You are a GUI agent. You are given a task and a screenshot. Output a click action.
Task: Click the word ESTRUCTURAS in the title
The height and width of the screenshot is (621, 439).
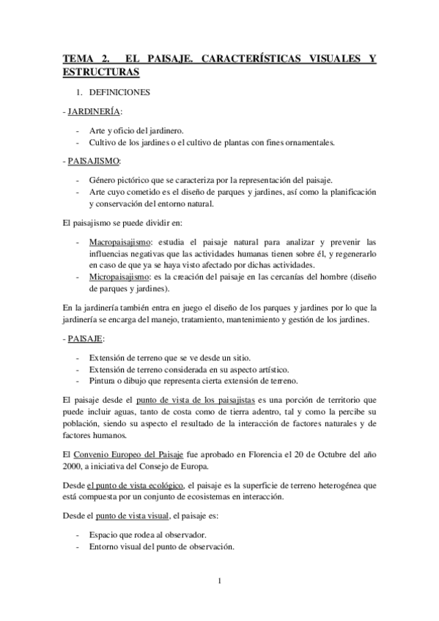[x=101, y=73]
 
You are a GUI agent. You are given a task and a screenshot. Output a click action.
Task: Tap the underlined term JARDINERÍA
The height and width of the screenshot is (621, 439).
[x=95, y=111]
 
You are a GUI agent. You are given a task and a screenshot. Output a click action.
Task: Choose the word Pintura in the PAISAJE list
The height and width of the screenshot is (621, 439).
[x=101, y=380]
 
